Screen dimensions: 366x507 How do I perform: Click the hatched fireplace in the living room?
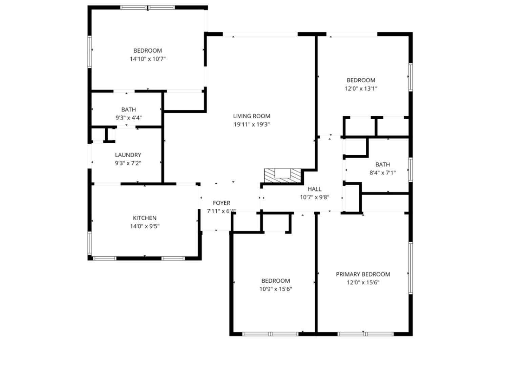[282, 175]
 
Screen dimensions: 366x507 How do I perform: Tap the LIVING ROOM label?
[252, 116]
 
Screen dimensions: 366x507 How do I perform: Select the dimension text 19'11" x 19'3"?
[252, 124]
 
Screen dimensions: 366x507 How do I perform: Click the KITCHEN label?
[145, 218]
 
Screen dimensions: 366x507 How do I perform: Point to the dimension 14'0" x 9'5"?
[145, 226]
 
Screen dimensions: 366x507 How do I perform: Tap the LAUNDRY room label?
[128, 155]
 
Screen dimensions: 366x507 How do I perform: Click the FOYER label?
[221, 203]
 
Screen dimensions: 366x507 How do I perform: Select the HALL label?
[315, 189]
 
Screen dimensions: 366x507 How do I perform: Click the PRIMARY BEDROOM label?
[363, 274]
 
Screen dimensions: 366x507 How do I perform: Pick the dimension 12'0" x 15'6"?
[363, 283]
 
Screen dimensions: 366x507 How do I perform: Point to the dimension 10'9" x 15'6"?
[276, 289]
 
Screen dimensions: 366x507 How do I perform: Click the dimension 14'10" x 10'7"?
[148, 59]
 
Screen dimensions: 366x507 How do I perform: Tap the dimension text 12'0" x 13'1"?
[361, 89]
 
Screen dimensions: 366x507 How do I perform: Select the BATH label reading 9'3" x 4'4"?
[129, 109]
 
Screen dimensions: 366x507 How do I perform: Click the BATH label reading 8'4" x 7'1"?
[382, 164]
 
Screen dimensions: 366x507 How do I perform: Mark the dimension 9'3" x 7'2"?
[128, 163]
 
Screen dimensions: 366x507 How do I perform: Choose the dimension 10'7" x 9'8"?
[315, 197]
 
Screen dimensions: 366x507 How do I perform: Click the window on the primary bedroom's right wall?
[410, 268]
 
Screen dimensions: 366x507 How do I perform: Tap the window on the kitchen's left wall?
[90, 243]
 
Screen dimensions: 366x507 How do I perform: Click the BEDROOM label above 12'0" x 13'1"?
[361, 80]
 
